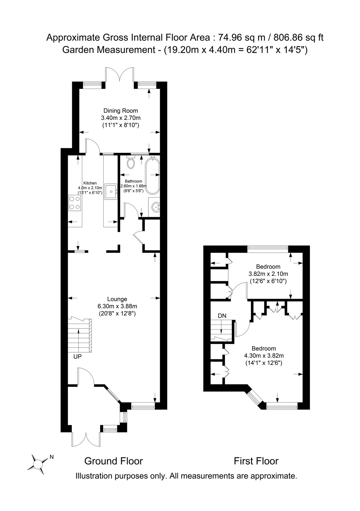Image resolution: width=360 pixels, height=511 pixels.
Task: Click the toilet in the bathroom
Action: coord(131,162)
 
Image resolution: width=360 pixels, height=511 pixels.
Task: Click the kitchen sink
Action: coord(111,192)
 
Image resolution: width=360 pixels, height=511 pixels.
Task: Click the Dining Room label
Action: coord(120,111)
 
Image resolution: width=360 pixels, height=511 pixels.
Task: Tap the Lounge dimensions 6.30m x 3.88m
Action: coord(117,306)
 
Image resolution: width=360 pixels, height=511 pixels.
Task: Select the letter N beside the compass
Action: coord(51,457)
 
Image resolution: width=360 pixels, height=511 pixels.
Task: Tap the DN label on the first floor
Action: coord(222,316)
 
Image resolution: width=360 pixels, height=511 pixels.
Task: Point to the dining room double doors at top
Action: coord(120,75)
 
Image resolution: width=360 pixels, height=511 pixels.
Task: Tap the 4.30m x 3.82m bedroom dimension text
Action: coord(264,355)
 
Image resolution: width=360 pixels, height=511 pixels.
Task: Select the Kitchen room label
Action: coord(90,183)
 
